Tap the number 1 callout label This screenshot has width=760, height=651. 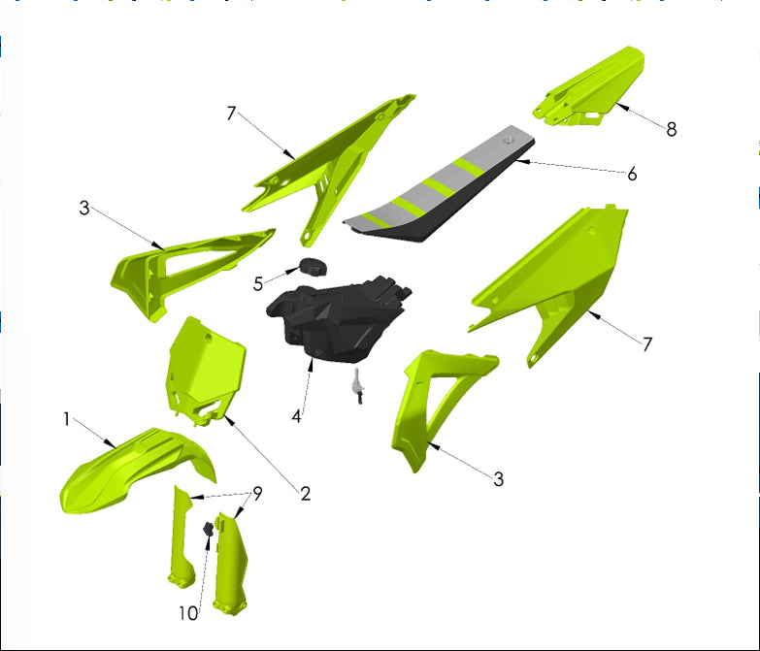click(x=66, y=419)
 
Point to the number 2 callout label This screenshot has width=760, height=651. click(x=305, y=494)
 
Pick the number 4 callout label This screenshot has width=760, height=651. click(x=297, y=415)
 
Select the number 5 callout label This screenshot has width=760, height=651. click(x=258, y=284)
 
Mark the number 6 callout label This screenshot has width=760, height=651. click(x=632, y=174)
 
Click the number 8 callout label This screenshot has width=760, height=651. click(x=672, y=128)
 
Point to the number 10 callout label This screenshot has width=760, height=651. click(x=187, y=613)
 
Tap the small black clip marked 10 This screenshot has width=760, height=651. click(x=207, y=531)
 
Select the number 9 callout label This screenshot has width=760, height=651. click(x=257, y=493)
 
